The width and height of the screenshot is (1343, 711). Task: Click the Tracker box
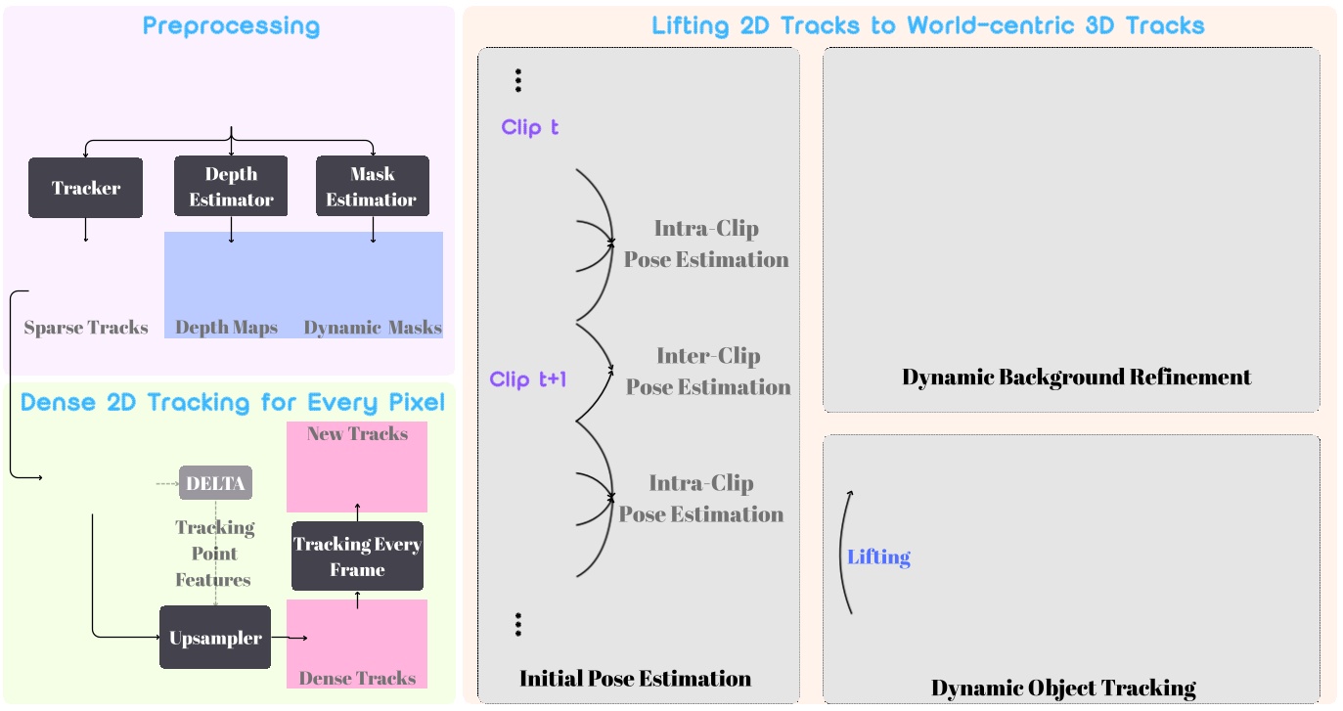click(x=86, y=188)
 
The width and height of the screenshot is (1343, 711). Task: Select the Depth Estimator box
click(x=231, y=187)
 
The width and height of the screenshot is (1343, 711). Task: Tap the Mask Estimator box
click(x=372, y=187)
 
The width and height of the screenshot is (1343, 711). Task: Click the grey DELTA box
click(x=215, y=482)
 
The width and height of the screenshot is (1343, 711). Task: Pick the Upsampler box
click(x=215, y=638)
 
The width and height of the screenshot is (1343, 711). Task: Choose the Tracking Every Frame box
click(x=357, y=557)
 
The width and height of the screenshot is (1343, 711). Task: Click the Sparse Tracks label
click(x=86, y=328)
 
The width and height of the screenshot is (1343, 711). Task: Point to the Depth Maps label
click(x=227, y=328)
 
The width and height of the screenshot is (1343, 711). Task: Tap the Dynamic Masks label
click(x=373, y=328)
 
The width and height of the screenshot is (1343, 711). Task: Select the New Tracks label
click(x=357, y=433)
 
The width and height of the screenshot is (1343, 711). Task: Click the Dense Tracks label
click(x=357, y=678)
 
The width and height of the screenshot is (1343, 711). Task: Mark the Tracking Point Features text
click(x=214, y=554)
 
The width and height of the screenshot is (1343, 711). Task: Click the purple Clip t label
click(x=530, y=127)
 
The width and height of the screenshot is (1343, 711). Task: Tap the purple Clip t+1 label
click(x=528, y=379)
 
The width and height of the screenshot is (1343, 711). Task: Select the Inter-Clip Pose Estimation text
click(x=708, y=372)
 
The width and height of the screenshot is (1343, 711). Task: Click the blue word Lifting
click(x=878, y=557)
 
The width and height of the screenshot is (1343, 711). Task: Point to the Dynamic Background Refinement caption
click(x=1076, y=377)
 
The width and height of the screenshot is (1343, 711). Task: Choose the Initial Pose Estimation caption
click(x=635, y=678)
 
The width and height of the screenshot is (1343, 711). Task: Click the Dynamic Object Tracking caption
click(x=1063, y=688)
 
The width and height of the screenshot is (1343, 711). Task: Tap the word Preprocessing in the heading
click(x=231, y=25)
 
